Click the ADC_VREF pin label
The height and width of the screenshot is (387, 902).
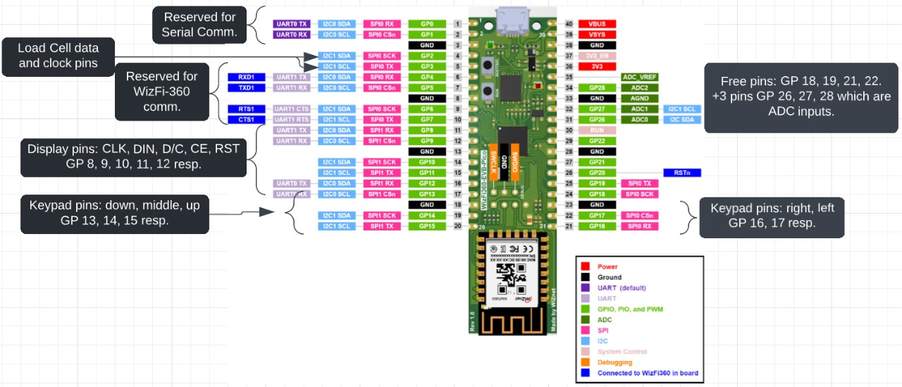pyautogui.click(x=640, y=77)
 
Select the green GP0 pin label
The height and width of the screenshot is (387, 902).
pyautogui.click(x=426, y=24)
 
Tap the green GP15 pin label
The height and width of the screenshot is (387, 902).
pyautogui.click(x=426, y=226)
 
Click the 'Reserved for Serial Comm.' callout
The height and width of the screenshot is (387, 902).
pyautogui.click(x=199, y=25)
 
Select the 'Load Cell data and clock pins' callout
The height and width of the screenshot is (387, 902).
pyautogui.click(x=58, y=56)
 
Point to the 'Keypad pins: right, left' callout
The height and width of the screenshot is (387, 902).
pyautogui.click(x=771, y=216)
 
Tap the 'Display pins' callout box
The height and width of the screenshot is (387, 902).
pyautogui.click(x=133, y=156)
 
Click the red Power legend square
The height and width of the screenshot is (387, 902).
pyautogui.click(x=585, y=266)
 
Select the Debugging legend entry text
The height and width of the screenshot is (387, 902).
pyautogui.click(x=614, y=362)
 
